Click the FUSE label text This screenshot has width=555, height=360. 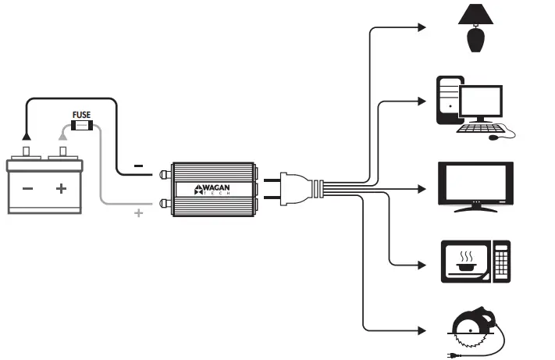click(x=81, y=115)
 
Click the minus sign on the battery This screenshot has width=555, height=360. click(x=27, y=188)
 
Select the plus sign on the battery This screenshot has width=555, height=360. click(x=61, y=188)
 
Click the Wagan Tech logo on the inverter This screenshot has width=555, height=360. click(x=209, y=188)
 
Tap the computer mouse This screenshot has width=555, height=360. click(x=493, y=137)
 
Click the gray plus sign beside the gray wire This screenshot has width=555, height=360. click(x=139, y=212)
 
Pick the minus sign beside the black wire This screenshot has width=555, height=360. click(x=138, y=166)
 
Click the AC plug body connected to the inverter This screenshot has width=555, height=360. click(x=301, y=188)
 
